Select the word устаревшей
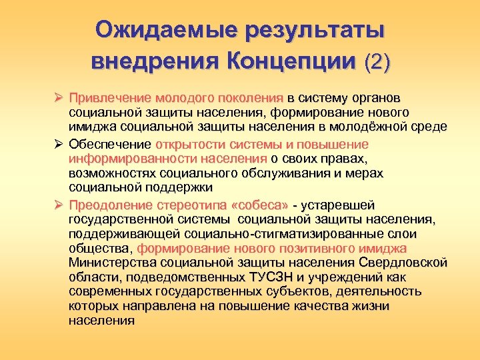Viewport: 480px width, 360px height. point(341,205)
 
